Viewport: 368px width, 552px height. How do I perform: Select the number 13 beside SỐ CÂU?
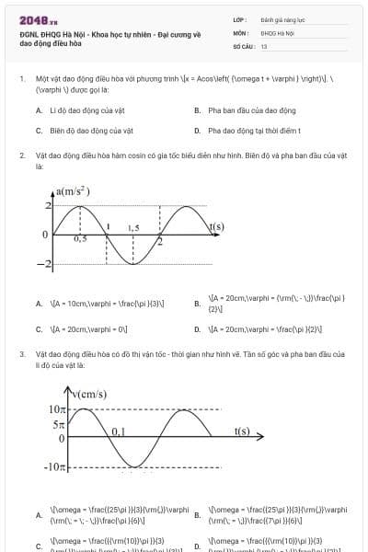[264, 45]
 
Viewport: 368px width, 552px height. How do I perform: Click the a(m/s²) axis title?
[73, 191]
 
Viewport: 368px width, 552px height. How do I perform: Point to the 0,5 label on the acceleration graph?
[80, 237]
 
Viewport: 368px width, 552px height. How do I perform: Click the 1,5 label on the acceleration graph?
[133, 226]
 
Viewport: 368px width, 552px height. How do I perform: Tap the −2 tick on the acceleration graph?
[43, 265]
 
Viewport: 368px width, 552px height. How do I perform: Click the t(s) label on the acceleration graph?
[216, 225]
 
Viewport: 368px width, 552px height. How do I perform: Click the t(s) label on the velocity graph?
[242, 430]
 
